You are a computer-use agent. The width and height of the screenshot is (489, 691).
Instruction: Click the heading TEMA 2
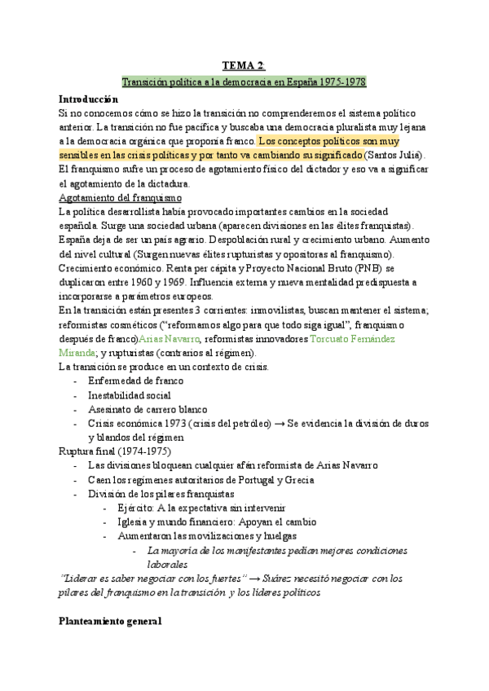pos(243,66)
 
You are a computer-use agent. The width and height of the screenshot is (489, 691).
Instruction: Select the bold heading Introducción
pos(95,98)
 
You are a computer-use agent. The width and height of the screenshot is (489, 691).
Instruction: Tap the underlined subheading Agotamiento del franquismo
pos(121,197)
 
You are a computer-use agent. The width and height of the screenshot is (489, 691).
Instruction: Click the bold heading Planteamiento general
pos(110,622)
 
